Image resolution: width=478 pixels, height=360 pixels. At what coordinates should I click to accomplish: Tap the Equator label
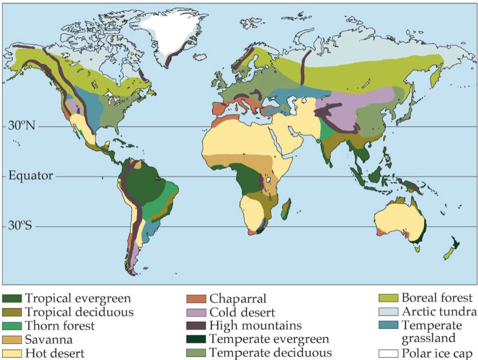tap(30, 176)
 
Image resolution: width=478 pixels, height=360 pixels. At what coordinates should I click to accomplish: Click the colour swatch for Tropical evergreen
tap(12, 299)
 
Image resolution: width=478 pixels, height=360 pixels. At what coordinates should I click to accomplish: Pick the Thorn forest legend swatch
tap(12, 326)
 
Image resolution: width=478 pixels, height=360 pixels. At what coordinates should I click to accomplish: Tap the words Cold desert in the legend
tap(242, 313)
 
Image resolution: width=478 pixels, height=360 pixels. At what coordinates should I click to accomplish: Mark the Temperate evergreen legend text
tap(269, 340)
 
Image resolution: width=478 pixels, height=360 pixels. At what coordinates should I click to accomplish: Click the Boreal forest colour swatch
tap(388, 299)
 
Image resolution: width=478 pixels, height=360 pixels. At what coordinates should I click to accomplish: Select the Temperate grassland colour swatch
tap(388, 326)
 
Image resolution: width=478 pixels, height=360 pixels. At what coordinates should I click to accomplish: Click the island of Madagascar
tap(286, 208)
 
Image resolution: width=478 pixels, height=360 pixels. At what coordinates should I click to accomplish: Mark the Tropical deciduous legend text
tap(79, 313)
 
